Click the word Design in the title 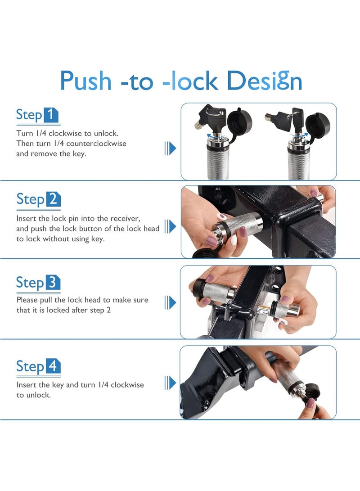pos(264,81)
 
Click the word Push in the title pos(85,81)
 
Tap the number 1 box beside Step pos(51,115)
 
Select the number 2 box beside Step pos(53,199)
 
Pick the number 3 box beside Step pos(53,283)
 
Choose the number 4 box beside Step pos(53,366)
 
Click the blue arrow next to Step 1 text pos(170,148)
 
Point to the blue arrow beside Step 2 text pos(170,226)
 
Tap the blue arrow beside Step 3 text pos(170,302)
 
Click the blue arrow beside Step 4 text pos(170,383)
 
